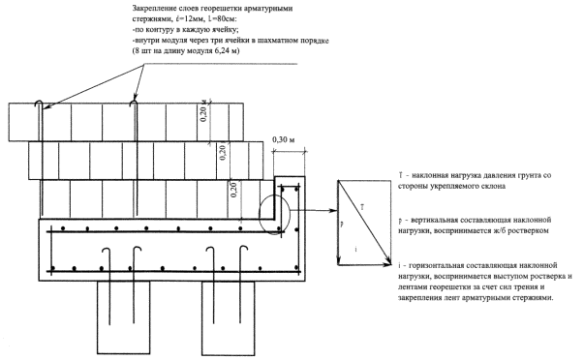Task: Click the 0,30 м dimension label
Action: tap(284, 140)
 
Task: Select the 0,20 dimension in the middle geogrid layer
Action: tap(223, 153)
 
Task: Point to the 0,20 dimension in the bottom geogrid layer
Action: tap(233, 190)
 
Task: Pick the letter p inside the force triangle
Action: tap(342, 225)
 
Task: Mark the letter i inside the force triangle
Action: tap(355, 250)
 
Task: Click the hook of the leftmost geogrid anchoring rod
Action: tap(39, 103)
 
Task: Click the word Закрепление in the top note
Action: tap(153, 9)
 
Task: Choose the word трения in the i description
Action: tap(526, 287)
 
